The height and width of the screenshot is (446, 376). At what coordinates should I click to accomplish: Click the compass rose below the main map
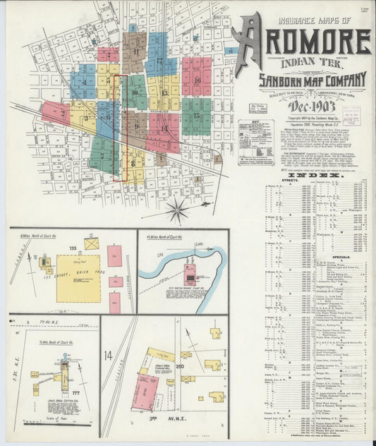point(178,209)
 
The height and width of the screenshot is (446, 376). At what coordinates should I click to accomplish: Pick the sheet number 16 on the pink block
point(197,80)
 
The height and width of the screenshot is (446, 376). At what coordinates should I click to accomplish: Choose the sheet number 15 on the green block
point(196,115)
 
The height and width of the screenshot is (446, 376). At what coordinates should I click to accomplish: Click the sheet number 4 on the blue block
point(84,83)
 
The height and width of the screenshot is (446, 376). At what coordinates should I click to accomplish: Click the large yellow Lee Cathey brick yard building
point(78,277)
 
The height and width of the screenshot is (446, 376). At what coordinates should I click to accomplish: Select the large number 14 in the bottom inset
point(109,354)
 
